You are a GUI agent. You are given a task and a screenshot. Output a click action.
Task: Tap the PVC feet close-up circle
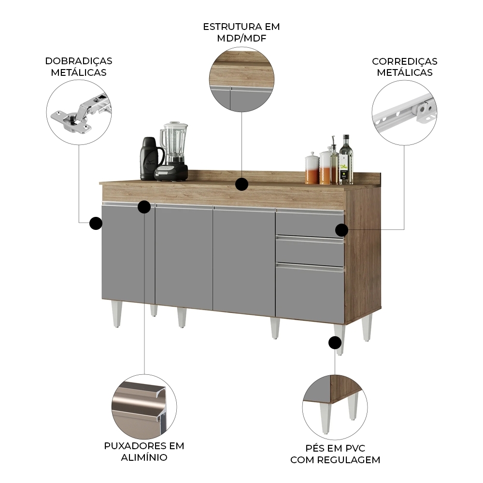tap(335, 407)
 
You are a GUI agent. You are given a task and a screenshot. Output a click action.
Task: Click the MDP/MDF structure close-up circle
tap(241, 79)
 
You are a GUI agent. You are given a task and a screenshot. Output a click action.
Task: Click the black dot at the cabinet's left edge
tap(96, 223)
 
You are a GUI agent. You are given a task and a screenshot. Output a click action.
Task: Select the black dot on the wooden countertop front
tap(241, 184)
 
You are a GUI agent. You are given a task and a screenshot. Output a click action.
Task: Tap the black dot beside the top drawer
tap(341, 230)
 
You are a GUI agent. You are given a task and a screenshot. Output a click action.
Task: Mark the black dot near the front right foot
tap(334, 343)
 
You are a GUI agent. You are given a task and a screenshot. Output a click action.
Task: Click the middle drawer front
tap(310, 252)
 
